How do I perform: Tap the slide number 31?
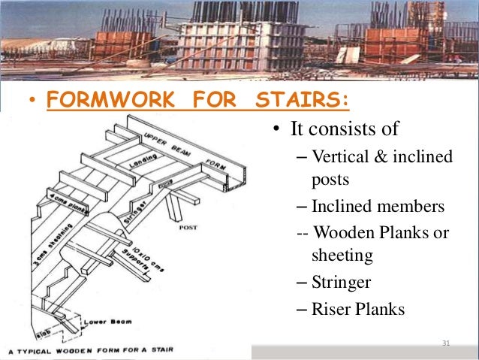tap(446, 343)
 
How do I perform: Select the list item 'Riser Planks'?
tap(357, 308)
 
